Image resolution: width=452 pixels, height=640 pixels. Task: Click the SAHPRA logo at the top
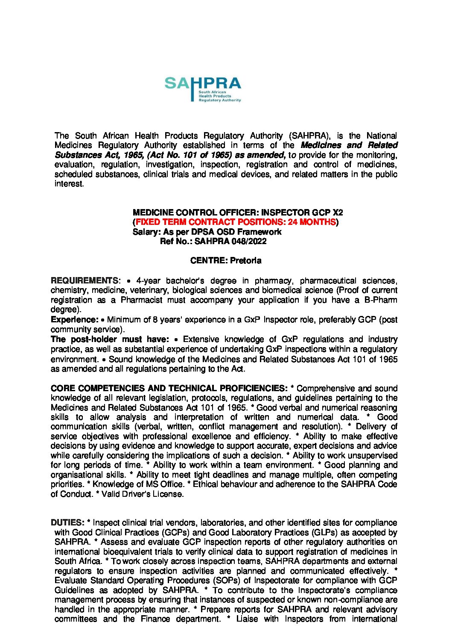[203, 89]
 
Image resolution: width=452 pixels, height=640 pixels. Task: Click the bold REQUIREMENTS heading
[85, 281]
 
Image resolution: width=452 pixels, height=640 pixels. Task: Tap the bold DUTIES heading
[67, 523]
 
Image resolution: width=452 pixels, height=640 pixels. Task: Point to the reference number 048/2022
[249, 242]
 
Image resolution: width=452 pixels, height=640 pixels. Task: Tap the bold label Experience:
[75, 320]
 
